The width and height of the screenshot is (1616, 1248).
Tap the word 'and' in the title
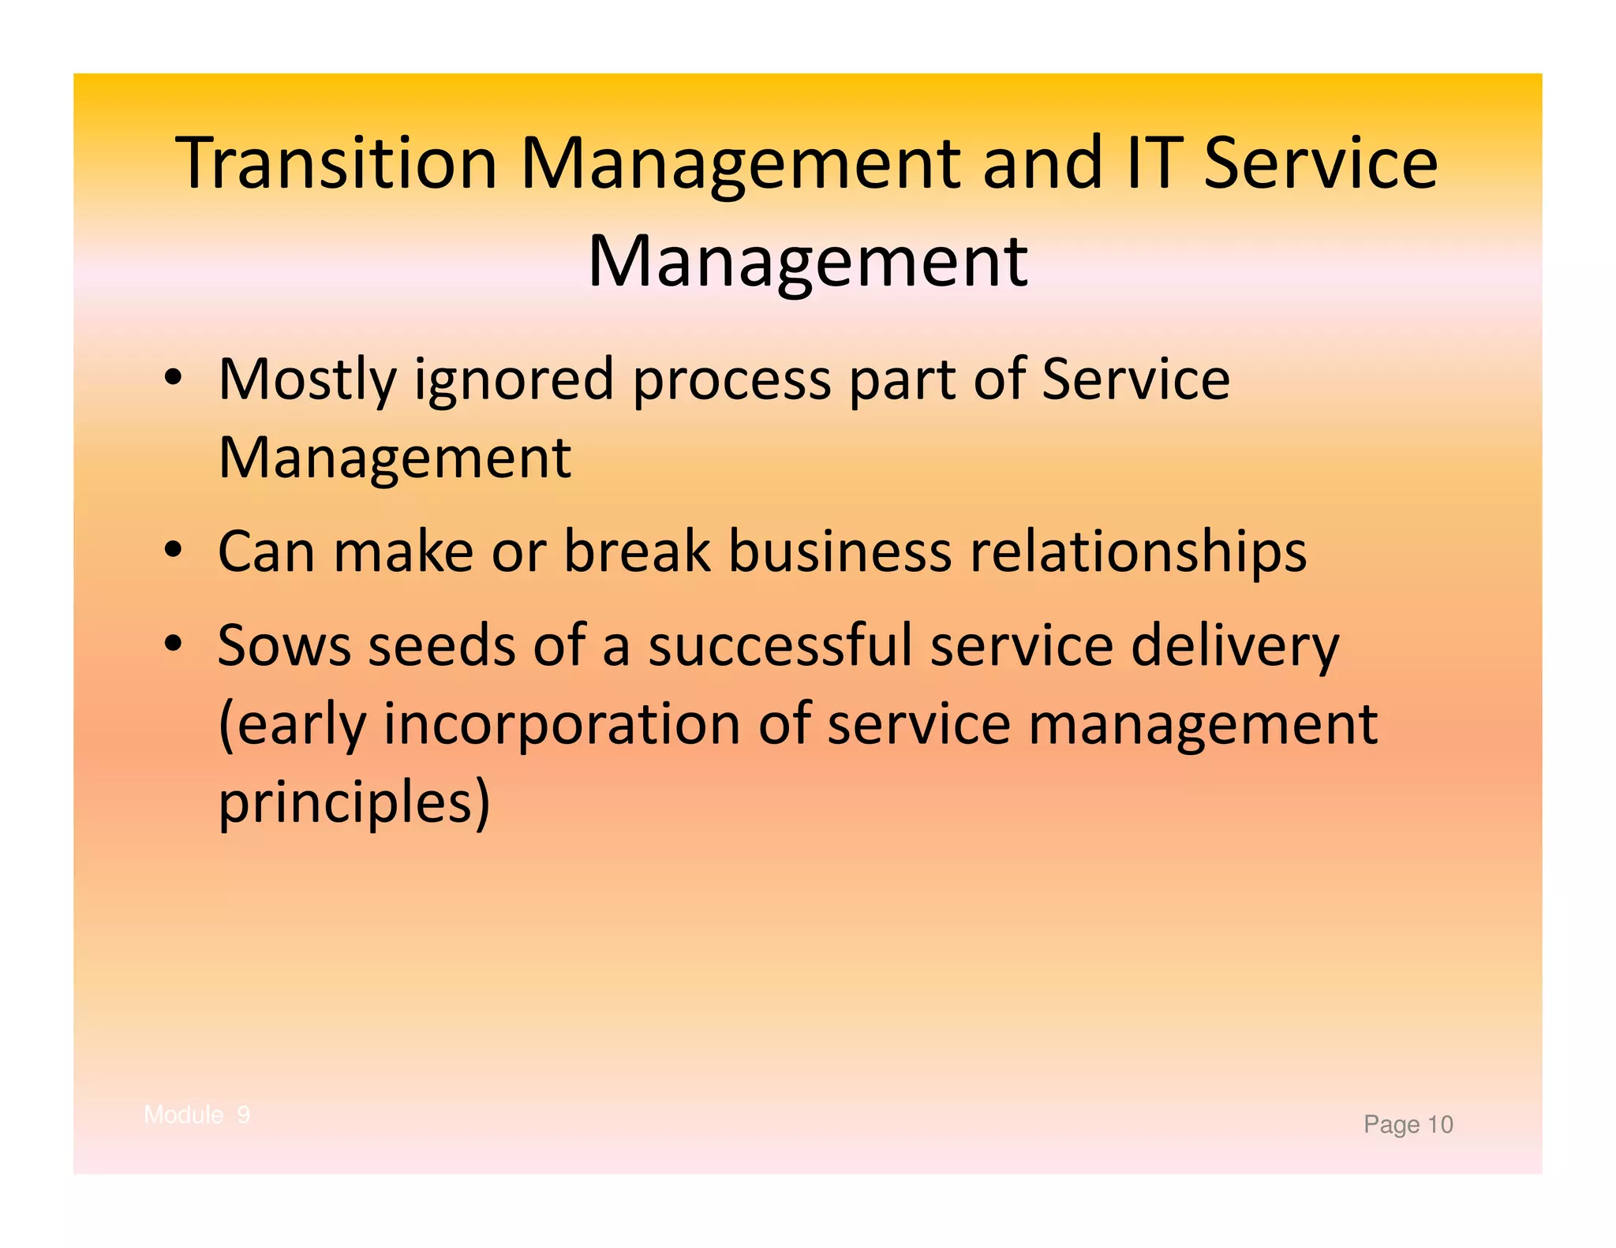1041,163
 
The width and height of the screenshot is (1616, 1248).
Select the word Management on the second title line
807,262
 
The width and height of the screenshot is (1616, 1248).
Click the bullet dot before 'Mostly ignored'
174,379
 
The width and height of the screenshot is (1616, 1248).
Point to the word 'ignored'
514,381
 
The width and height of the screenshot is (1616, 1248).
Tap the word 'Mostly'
307,381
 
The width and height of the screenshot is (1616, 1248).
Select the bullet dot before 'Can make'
174,550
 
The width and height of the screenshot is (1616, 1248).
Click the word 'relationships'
1137,552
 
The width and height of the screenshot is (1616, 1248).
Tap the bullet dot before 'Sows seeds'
174,645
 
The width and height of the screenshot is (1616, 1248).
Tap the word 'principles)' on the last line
354,803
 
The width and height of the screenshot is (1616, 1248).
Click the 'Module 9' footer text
197,1115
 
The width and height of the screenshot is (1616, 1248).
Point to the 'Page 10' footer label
1408,1124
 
